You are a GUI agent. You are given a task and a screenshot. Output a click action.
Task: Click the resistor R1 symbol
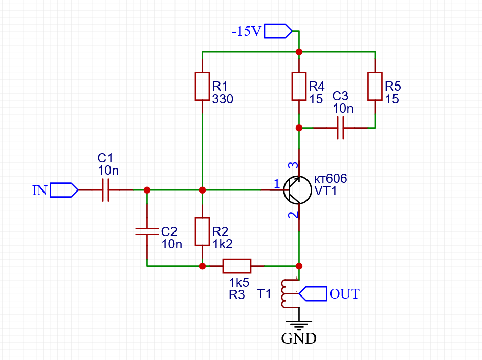[203, 87]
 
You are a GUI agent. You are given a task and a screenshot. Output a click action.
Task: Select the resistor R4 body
[299, 87]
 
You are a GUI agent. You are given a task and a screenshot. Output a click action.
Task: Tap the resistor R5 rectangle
[375, 87]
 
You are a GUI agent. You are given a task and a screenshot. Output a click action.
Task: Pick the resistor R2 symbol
[203, 231]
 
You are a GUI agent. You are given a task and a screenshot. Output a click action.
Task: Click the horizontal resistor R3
[236, 266]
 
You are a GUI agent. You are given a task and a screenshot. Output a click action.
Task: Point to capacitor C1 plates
[106, 190]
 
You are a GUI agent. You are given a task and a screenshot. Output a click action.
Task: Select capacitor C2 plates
[147, 231]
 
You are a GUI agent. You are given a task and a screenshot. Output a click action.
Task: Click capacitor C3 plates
[341, 128]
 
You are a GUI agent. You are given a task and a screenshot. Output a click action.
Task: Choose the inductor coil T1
[284, 293]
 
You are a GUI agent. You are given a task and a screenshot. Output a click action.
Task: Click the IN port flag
[64, 190]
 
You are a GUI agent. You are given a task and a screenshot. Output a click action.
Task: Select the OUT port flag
[313, 293]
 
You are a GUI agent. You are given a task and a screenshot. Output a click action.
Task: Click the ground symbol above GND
[299, 324]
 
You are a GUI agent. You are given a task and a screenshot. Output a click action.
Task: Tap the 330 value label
[223, 99]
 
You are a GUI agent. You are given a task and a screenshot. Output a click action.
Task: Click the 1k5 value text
[239, 282]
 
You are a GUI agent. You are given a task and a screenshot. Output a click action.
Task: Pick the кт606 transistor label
[331, 179]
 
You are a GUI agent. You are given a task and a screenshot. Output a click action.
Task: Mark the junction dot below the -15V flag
[299, 52]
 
